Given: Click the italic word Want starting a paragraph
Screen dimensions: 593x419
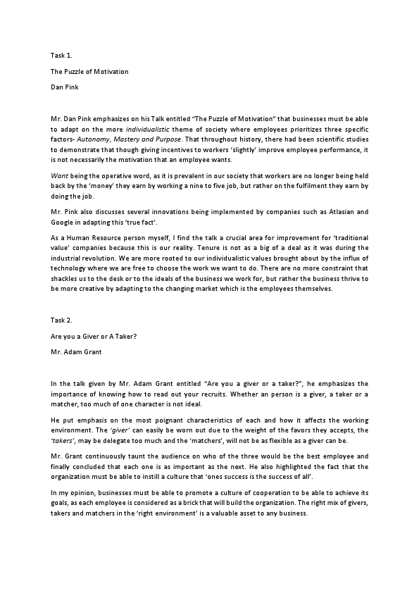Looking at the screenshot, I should tap(59, 175).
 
